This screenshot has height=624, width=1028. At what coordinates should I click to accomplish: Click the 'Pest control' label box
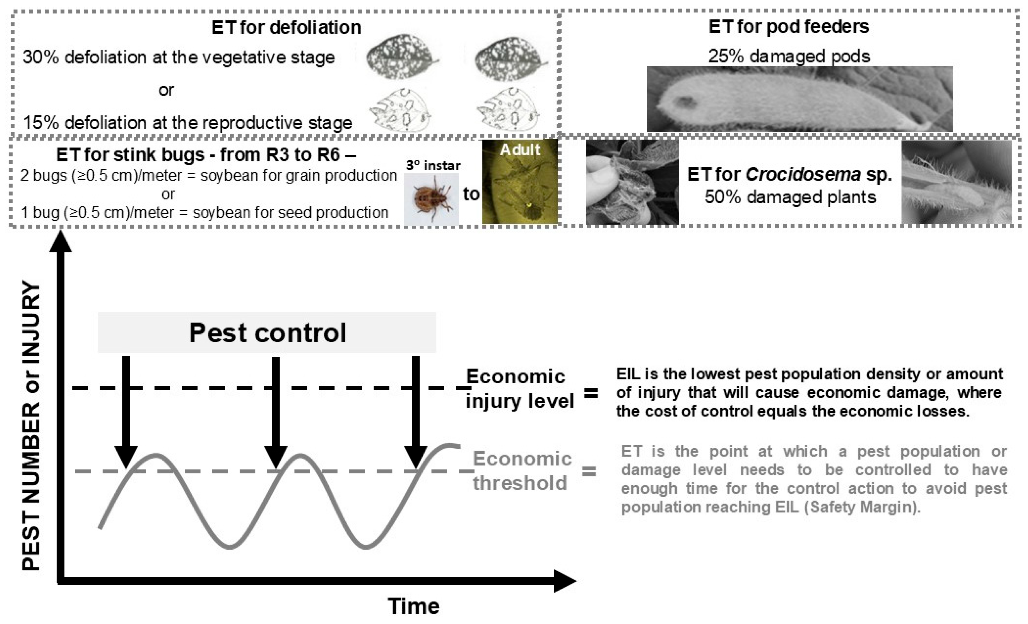267,333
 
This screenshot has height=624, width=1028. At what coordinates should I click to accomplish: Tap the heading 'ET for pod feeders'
788,27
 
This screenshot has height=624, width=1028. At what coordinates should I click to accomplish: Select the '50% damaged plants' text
790,197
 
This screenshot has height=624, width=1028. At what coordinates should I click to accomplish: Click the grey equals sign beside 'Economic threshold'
589,472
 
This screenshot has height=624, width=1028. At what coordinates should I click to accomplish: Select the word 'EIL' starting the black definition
627,374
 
